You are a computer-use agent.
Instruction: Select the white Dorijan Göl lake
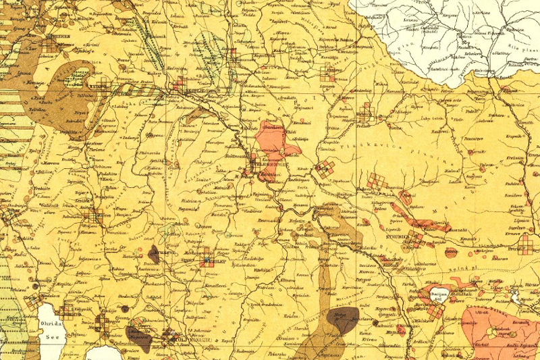pyautogui.click(x=438, y=296)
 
